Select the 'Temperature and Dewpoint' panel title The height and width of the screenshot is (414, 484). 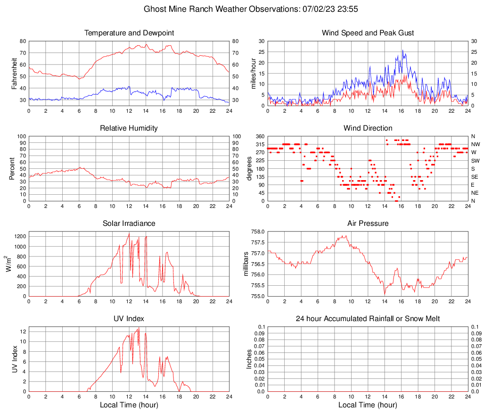[x=129, y=33]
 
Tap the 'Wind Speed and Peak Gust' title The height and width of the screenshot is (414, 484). [x=368, y=33]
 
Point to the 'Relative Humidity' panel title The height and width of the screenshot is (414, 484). [x=129, y=128]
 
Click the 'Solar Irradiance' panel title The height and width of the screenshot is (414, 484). [x=129, y=224]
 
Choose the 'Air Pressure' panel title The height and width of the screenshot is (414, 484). [x=368, y=224]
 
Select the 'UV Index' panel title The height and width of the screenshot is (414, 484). [x=129, y=319]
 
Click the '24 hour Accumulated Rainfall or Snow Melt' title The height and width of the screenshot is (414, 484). [x=368, y=319]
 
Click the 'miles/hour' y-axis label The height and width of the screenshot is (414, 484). [x=253, y=73]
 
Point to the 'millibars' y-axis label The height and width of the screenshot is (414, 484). [x=246, y=264]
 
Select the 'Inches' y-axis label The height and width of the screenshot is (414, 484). [x=249, y=359]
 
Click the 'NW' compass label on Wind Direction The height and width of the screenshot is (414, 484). [x=475, y=144]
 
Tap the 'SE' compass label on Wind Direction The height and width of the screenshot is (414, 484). [x=475, y=177]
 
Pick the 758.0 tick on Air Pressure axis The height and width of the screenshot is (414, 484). [x=256, y=232]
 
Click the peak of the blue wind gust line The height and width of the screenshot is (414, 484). [x=402, y=50]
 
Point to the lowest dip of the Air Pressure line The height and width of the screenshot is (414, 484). [x=385, y=295]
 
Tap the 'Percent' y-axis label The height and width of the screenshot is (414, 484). [x=11, y=168]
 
